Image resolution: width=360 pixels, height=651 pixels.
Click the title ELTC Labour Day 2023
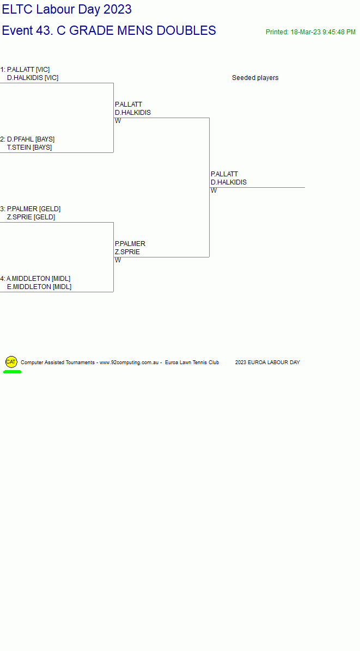tap(67, 9)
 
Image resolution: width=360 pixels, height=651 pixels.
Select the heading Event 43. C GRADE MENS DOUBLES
tap(109, 30)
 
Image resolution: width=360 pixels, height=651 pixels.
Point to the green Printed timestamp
tap(310, 32)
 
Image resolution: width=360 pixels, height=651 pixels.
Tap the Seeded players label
tap(255, 78)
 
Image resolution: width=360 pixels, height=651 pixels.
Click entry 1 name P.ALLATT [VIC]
tap(28, 69)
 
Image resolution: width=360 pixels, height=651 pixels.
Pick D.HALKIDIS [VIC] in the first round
tap(32, 78)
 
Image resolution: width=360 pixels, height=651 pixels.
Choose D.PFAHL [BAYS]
tap(30, 139)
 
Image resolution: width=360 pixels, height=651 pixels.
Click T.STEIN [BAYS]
tap(29, 148)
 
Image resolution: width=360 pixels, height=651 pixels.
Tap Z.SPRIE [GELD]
tap(31, 217)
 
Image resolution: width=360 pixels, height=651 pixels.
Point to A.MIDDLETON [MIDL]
tap(38, 279)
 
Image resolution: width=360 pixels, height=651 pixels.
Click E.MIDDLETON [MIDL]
tap(39, 287)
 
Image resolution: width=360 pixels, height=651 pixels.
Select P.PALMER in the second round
tap(130, 244)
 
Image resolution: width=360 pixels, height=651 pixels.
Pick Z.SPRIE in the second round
tap(127, 252)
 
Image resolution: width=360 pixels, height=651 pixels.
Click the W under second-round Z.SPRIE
tap(118, 260)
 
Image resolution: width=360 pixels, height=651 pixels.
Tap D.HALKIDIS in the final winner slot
tap(228, 182)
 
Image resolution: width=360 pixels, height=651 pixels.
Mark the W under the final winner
tap(214, 191)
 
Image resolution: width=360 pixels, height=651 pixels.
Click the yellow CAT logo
tap(11, 362)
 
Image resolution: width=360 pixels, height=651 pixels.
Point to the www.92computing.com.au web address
tap(129, 363)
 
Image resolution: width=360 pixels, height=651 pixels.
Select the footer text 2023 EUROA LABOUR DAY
tap(267, 363)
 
